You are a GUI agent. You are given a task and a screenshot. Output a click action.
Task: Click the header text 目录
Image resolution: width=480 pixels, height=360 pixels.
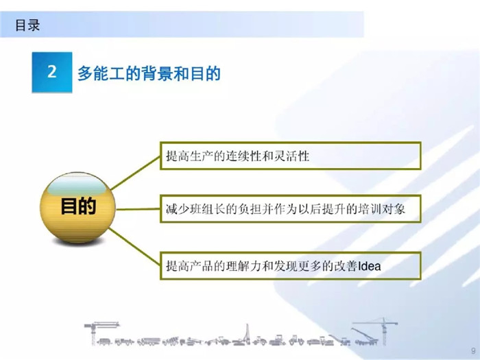[27, 25]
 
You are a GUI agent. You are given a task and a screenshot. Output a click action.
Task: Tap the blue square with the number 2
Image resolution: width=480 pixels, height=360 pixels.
[52, 72]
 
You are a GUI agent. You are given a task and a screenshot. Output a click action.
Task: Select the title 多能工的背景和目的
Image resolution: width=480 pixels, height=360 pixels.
[149, 73]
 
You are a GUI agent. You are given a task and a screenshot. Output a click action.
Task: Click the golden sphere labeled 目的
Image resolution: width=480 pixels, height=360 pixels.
[77, 207]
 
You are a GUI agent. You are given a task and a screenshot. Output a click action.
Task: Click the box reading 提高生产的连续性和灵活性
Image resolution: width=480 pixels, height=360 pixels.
[291, 156]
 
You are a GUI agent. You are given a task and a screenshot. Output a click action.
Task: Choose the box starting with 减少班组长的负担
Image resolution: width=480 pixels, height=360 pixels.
[291, 208]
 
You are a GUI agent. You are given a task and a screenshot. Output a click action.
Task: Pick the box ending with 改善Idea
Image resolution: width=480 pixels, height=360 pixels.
[291, 266]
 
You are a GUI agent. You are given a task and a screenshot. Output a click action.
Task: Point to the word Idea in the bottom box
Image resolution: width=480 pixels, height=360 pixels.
[370, 266]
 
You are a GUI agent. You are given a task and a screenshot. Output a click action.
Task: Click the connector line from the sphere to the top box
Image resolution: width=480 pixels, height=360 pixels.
[135, 173]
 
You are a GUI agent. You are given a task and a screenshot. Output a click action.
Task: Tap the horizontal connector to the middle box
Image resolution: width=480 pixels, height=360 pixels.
[138, 209]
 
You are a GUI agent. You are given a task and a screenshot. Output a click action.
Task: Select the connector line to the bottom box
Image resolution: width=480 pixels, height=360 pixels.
[134, 246]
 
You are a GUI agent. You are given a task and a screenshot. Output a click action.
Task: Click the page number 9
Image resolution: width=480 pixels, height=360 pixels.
[473, 351]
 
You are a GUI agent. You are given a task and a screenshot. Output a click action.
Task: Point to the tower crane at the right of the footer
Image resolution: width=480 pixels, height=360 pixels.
[383, 331]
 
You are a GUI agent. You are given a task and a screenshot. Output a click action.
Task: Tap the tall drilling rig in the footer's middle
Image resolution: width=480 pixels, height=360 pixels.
[248, 335]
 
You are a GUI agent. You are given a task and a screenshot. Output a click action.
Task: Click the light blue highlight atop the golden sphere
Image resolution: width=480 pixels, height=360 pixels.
[77, 185]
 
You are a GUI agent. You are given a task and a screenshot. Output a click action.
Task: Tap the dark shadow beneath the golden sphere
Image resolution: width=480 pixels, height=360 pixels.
[77, 242]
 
